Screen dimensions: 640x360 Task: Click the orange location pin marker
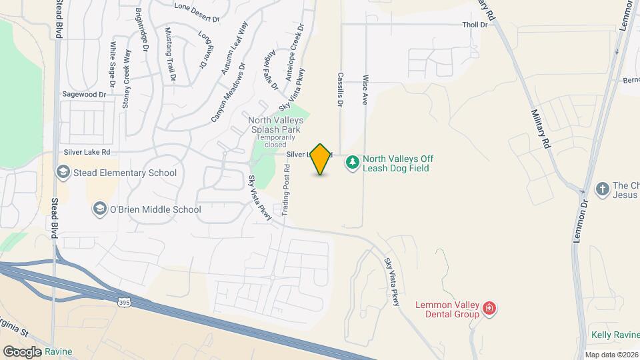pyautogui.click(x=321, y=159)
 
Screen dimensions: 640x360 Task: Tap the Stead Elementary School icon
pyautogui.click(x=63, y=173)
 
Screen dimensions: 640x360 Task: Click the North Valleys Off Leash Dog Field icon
pyautogui.click(x=351, y=161)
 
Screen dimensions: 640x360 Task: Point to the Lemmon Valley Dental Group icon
pyautogui.click(x=489, y=308)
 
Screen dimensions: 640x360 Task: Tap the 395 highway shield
pyautogui.click(x=124, y=303)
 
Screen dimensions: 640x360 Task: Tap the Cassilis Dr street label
pyautogui.click(x=340, y=90)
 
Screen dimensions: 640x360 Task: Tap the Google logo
pyautogui.click(x=23, y=351)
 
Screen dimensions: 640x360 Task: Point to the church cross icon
pyautogui.click(x=601, y=189)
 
